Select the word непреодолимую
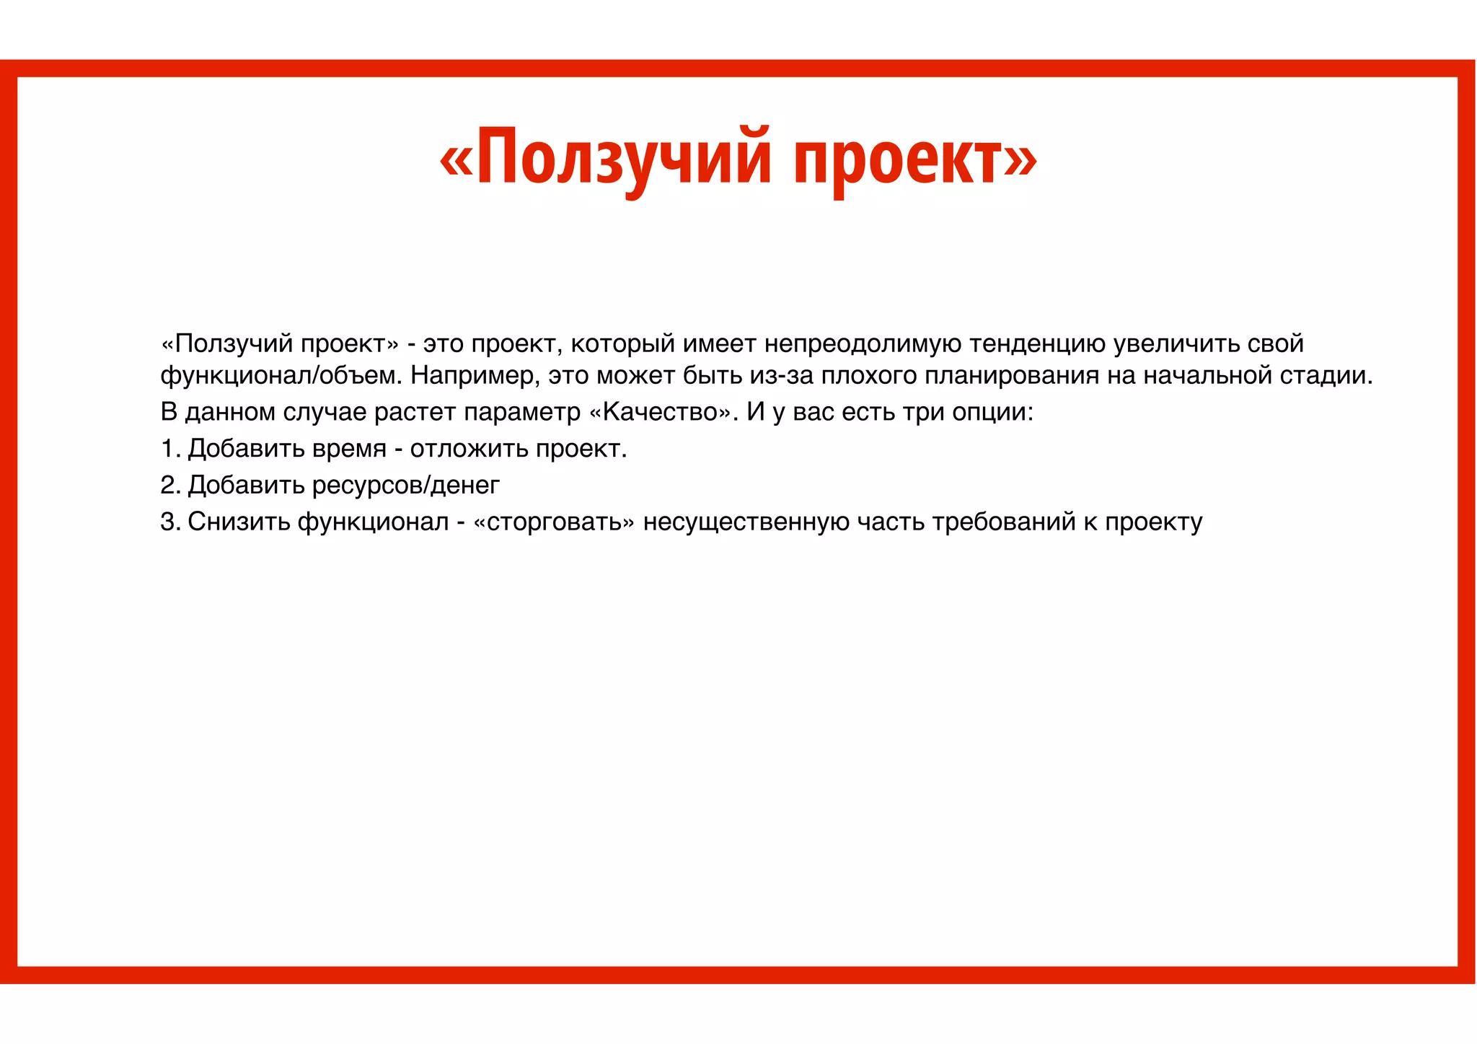click(x=863, y=343)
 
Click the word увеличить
click(x=1176, y=343)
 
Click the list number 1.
click(x=169, y=449)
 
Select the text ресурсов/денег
click(x=405, y=485)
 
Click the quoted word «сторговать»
click(x=554, y=522)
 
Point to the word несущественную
click(x=746, y=522)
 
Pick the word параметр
click(x=522, y=412)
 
